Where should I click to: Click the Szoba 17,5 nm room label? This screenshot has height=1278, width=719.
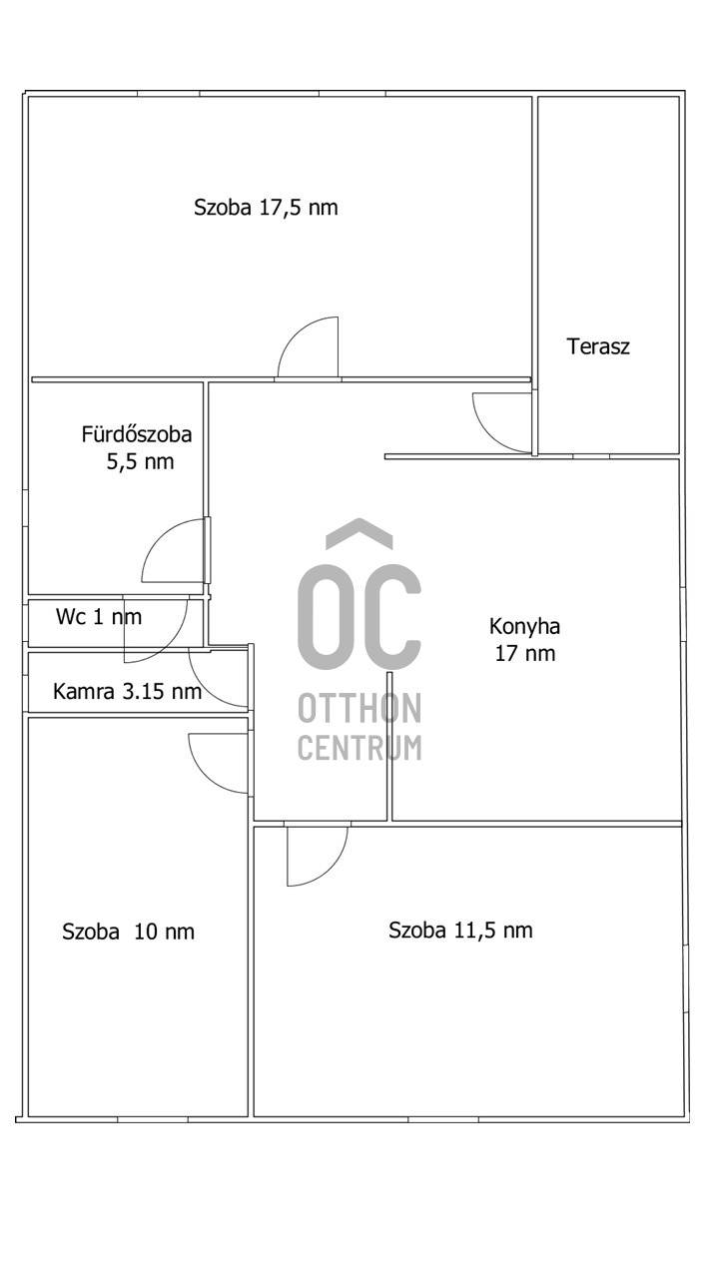pyautogui.click(x=266, y=207)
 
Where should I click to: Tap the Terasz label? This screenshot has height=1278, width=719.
pyautogui.click(x=598, y=346)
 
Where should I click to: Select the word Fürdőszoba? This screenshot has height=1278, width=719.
pyautogui.click(x=137, y=434)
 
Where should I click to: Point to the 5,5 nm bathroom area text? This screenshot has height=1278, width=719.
pyautogui.click(x=140, y=461)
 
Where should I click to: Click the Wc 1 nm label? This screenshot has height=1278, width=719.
pyautogui.click(x=99, y=617)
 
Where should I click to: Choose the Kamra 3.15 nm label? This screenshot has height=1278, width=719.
pyautogui.click(x=127, y=692)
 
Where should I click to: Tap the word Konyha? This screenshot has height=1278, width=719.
pyautogui.click(x=524, y=627)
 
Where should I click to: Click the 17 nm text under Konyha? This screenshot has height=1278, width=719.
pyautogui.click(x=525, y=653)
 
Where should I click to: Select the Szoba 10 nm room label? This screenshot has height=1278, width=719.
pyautogui.click(x=129, y=932)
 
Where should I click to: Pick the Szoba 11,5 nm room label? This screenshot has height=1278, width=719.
pyautogui.click(x=460, y=930)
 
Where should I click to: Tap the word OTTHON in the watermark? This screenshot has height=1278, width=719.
pyautogui.click(x=359, y=708)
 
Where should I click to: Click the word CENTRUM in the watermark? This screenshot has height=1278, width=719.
pyautogui.click(x=359, y=747)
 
